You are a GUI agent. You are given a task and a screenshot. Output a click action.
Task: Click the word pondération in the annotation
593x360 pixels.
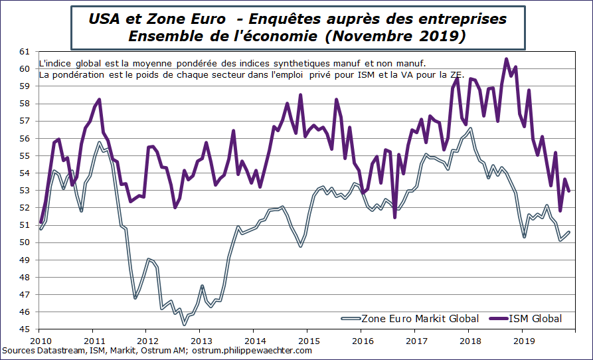(x=82, y=75)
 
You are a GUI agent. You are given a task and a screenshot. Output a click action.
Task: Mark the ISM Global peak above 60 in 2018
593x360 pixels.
(x=507, y=59)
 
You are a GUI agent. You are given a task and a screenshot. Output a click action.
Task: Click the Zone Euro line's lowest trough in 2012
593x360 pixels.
(x=184, y=325)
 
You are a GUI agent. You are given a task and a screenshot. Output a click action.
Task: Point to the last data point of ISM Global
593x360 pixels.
(x=570, y=191)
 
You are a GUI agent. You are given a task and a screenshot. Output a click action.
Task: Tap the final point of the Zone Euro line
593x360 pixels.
(x=570, y=232)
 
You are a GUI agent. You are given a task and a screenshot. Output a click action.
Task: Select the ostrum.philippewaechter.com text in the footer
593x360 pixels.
(x=252, y=350)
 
